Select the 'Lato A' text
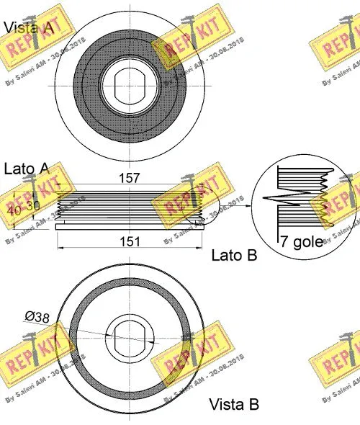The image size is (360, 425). (27, 169)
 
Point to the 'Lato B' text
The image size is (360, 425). (234, 254)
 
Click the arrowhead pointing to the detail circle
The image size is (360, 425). (248, 205)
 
